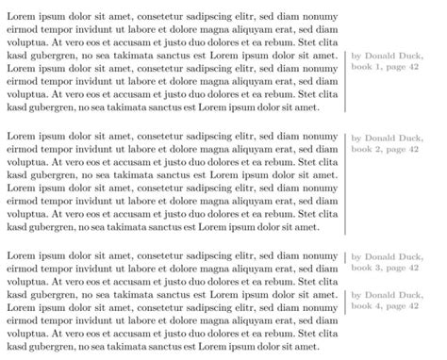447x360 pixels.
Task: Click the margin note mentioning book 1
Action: point(389,62)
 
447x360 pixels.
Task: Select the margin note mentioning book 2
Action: point(389,144)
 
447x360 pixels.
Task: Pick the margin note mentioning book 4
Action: point(389,299)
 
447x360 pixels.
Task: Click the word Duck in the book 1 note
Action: point(410,56)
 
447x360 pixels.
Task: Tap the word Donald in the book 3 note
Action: point(381,256)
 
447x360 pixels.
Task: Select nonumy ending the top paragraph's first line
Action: point(319,17)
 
